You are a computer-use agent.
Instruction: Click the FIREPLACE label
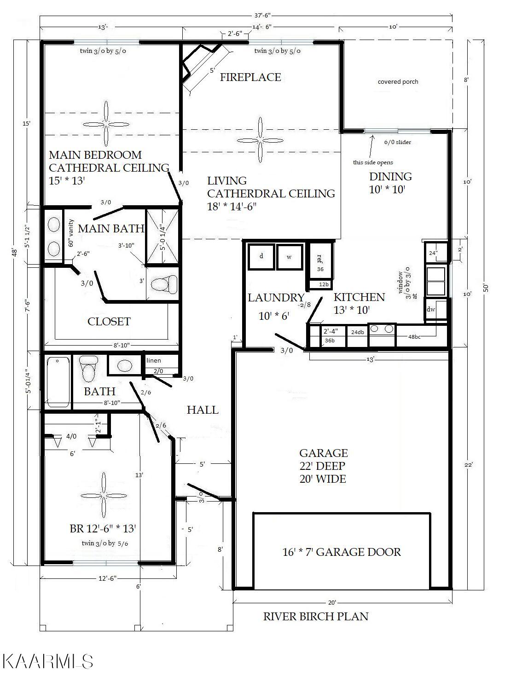click(250, 77)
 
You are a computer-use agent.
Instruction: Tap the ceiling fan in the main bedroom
click(106, 124)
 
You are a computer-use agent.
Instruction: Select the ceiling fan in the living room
click(260, 140)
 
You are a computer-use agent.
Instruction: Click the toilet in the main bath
click(164, 283)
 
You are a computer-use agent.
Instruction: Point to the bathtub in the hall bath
click(58, 382)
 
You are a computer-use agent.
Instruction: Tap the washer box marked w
click(290, 257)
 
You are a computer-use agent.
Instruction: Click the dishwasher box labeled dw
click(435, 310)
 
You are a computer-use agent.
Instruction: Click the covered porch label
click(398, 82)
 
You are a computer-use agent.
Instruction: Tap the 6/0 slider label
click(397, 142)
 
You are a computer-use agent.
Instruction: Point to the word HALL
click(203, 410)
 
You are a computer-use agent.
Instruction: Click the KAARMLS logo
click(48, 661)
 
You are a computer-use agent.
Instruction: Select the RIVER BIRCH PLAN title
click(316, 616)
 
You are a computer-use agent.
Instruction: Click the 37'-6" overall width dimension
click(262, 15)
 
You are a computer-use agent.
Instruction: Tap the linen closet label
click(154, 361)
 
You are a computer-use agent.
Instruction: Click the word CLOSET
click(109, 321)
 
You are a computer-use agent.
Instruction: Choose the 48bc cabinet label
click(414, 337)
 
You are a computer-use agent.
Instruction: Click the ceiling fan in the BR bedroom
click(103, 496)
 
